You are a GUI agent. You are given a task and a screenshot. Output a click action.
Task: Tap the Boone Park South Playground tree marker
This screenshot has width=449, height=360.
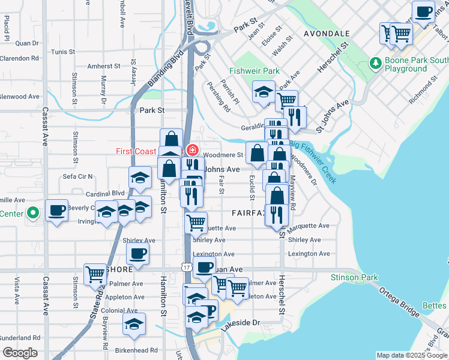(x=376, y=62)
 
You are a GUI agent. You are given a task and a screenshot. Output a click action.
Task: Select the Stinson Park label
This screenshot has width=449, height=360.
(x=354, y=277)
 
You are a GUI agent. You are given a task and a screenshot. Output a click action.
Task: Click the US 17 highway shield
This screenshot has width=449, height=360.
(x=188, y=268)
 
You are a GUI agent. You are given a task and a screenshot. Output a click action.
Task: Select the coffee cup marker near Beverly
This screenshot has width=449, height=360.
(x=57, y=210)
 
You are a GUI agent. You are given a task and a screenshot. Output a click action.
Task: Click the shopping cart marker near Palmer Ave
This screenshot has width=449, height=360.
(x=95, y=274)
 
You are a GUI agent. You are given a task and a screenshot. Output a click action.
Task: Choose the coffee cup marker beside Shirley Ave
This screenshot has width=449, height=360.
(x=138, y=253)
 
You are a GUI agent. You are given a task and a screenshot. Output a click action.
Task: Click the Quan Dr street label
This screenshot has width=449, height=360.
(x=27, y=43)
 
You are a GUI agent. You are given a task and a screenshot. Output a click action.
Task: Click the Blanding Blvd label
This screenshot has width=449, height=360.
(x=155, y=80)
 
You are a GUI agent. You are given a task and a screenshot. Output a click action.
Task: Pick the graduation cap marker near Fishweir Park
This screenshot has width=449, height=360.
(x=263, y=91)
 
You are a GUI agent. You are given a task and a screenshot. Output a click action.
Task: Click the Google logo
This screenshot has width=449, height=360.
(x=20, y=353)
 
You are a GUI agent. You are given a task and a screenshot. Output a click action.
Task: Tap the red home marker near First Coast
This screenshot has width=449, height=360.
(x=193, y=150)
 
